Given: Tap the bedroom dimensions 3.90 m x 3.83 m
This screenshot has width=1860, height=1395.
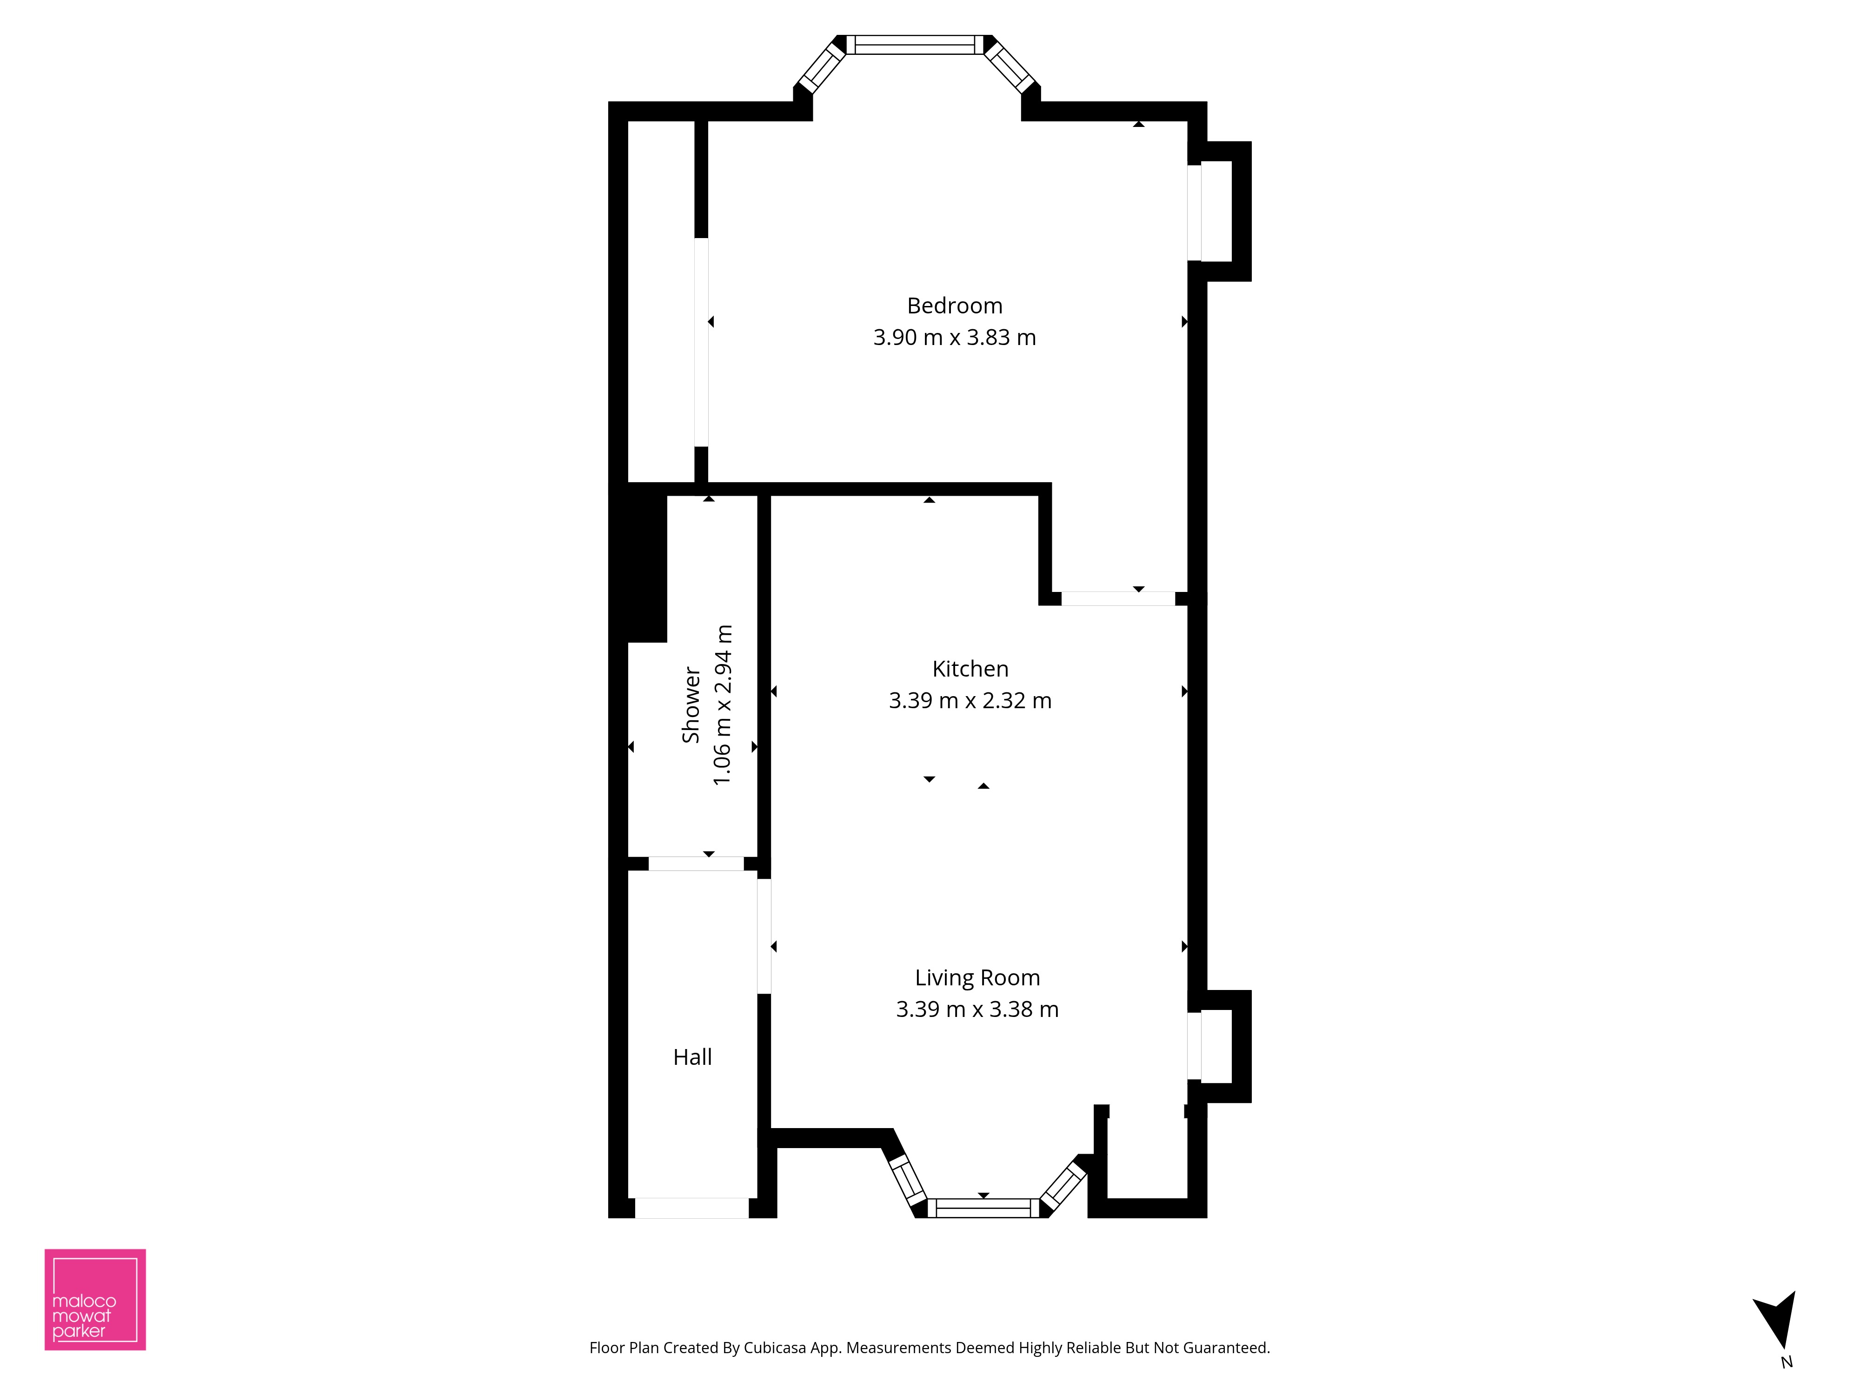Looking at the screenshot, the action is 954,337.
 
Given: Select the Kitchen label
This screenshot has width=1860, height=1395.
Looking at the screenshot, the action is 970,669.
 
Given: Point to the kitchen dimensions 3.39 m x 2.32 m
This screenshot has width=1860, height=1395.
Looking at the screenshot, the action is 970,700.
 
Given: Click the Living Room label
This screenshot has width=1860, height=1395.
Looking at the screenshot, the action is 977,978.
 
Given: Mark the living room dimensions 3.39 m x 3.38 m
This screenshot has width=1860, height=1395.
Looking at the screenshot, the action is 977,1009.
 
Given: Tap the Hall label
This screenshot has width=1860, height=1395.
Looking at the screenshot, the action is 692,1057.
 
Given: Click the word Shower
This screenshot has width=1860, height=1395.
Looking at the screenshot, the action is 691,704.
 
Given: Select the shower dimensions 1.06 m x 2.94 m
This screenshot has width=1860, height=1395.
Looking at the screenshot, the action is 722,704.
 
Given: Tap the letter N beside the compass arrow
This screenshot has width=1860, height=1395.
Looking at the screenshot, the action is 1787,1362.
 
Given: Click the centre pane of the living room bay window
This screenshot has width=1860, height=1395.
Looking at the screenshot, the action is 984,1209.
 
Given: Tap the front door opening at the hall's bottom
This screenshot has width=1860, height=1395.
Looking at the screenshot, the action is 691,1209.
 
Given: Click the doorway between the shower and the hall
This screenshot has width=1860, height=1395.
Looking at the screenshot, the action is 696,864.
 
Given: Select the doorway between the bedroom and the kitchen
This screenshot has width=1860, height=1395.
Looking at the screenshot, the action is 1118,599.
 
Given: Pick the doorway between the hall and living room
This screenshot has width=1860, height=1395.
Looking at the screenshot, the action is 764,936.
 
